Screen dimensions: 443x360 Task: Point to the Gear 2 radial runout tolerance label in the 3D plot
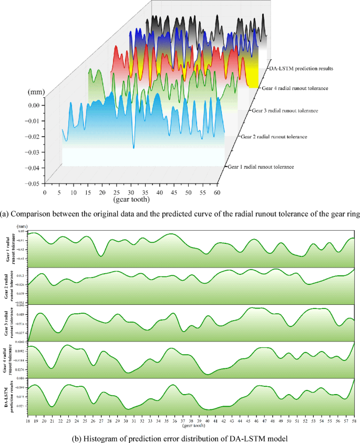point(273,137)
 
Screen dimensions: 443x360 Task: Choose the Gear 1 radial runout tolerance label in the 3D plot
point(261,167)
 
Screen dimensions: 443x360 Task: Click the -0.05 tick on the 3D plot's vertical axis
point(33,184)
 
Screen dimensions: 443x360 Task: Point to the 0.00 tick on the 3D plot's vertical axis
point(34,105)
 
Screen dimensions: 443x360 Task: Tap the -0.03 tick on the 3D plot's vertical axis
point(33,152)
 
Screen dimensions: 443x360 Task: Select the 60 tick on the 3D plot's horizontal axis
point(217,193)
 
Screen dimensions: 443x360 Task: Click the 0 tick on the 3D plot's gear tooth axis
point(45,193)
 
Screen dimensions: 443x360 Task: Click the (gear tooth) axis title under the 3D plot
point(132,200)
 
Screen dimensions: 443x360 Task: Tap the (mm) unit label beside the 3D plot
point(36,92)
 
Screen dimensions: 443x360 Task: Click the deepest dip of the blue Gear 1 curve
point(133,147)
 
